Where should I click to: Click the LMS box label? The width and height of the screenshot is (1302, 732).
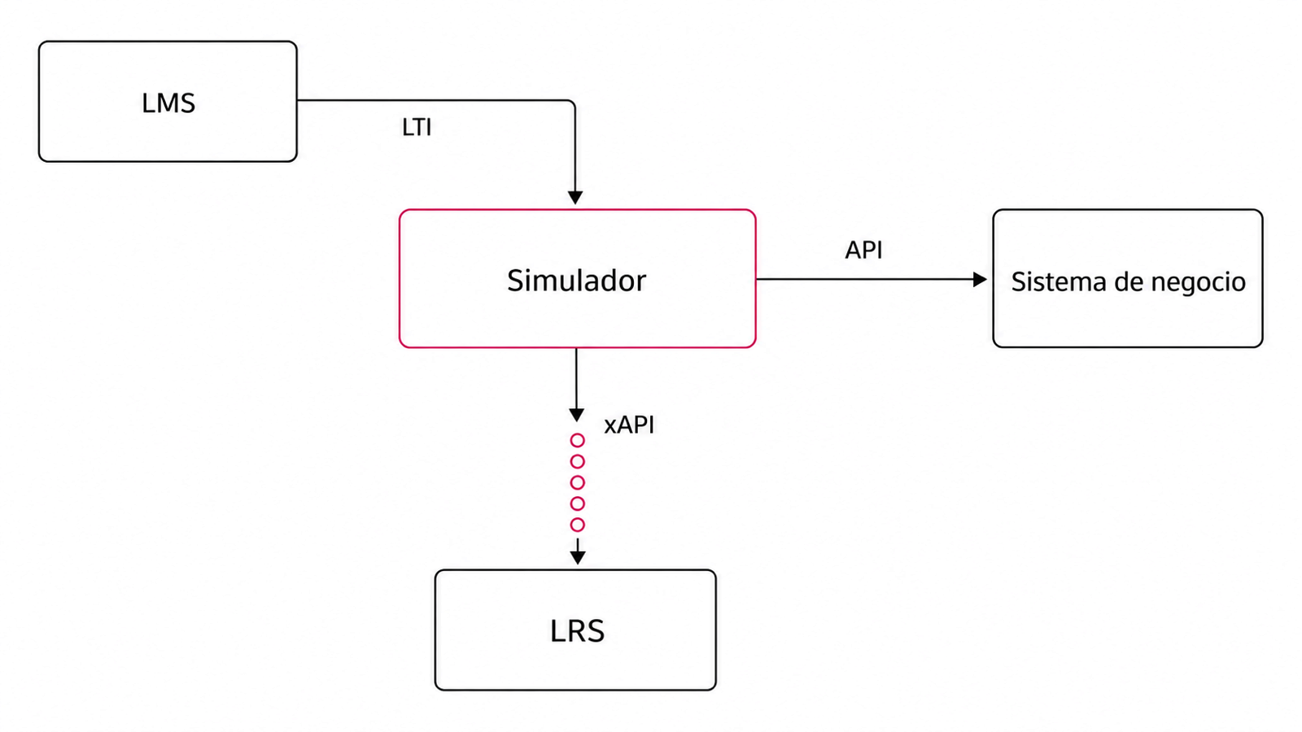[x=168, y=102]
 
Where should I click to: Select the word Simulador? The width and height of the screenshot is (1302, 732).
[x=577, y=281]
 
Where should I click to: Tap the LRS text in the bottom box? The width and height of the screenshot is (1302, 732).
[x=577, y=631]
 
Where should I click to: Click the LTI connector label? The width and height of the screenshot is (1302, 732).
[x=417, y=127]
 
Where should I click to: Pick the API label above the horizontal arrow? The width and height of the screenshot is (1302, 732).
[x=863, y=250]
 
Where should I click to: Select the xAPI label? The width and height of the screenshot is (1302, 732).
[x=629, y=425]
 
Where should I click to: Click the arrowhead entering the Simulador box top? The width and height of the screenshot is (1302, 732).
[x=575, y=198]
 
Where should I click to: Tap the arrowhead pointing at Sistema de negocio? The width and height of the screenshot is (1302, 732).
[x=980, y=280]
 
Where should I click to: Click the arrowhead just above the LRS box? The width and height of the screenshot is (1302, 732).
[x=577, y=557]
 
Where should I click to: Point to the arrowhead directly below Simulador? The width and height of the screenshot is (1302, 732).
[x=577, y=416]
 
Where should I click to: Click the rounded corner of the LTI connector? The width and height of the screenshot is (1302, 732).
[x=572, y=102]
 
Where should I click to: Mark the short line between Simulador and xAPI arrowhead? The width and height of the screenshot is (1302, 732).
[x=577, y=378]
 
